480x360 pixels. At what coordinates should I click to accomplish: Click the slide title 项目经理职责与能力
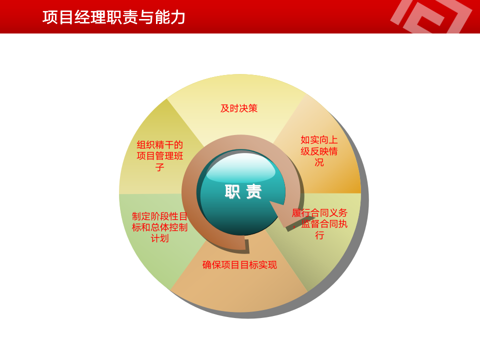click(114, 17)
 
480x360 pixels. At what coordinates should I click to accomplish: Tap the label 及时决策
click(239, 108)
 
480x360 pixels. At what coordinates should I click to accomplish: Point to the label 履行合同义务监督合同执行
click(319, 223)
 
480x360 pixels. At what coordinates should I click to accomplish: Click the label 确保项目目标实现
click(239, 265)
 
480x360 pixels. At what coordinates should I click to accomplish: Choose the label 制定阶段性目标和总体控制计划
click(160, 227)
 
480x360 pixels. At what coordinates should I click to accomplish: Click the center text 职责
click(243, 191)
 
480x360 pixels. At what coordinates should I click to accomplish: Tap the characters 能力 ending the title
click(170, 17)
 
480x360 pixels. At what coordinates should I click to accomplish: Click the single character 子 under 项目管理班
click(160, 167)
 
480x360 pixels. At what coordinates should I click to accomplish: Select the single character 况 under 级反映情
click(319, 162)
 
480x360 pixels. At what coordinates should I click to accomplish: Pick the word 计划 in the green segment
click(160, 238)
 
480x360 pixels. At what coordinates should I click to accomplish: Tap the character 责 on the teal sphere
click(254, 191)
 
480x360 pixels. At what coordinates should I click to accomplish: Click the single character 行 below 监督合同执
click(319, 235)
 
